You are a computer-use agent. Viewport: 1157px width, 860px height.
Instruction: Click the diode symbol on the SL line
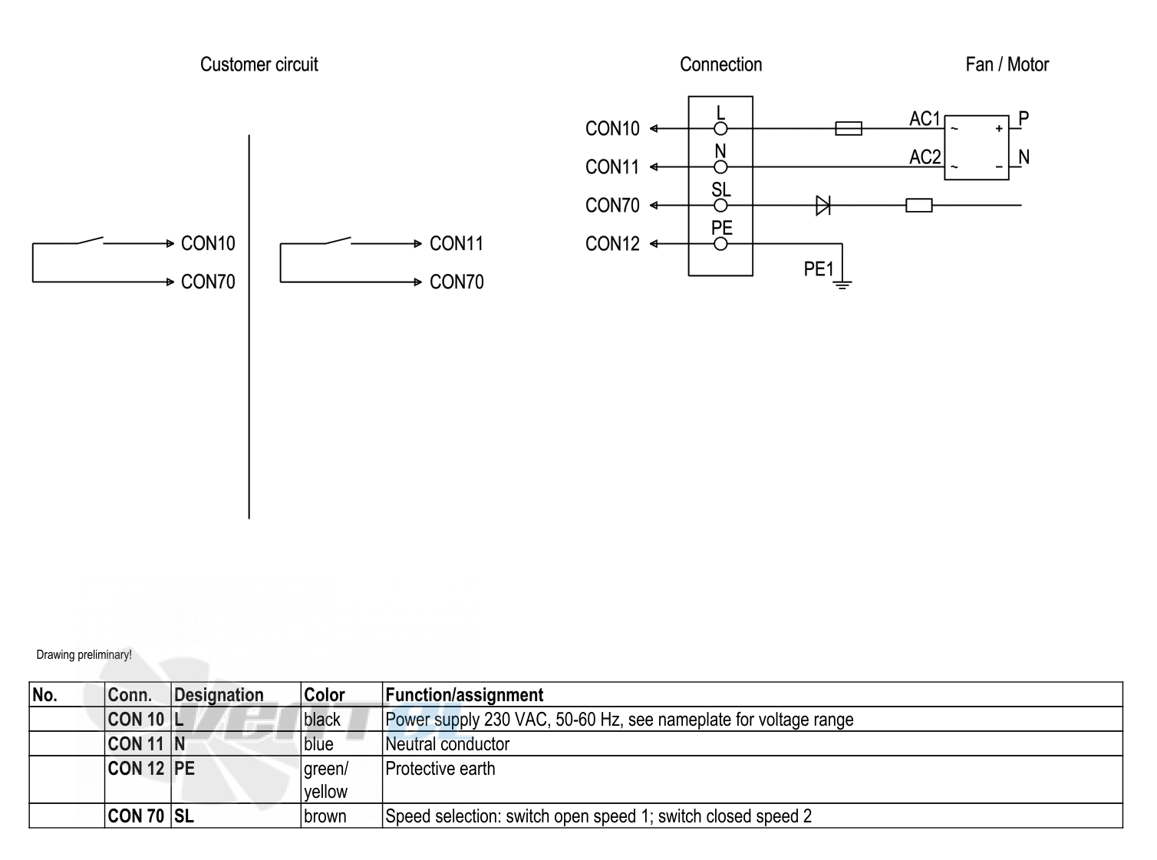click(x=822, y=205)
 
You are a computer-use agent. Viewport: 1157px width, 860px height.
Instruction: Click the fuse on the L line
click(x=849, y=128)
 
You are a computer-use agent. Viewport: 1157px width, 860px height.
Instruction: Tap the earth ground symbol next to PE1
click(x=842, y=285)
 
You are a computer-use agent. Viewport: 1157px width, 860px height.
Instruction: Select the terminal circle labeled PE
click(x=720, y=244)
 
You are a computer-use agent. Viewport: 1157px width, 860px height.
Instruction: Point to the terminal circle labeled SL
click(x=720, y=206)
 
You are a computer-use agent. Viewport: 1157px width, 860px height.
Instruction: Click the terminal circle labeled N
click(x=720, y=167)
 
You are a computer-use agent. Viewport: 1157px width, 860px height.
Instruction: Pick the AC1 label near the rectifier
click(x=925, y=119)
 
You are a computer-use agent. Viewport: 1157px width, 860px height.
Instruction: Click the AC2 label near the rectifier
click(x=925, y=157)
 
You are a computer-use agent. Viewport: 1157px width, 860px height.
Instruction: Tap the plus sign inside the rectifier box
click(x=998, y=128)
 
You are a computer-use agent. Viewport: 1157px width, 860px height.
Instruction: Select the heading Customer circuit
click(x=259, y=64)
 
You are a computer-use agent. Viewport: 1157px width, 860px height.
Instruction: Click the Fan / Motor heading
click(x=1007, y=64)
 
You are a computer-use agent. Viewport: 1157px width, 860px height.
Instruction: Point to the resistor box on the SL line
click(x=918, y=205)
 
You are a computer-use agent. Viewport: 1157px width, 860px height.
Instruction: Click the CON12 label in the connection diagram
click(x=612, y=244)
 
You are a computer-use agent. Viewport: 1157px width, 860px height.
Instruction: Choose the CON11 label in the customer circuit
click(x=457, y=244)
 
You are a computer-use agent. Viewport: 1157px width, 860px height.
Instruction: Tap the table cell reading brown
click(x=325, y=816)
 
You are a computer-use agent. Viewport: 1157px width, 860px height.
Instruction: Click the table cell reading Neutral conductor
click(x=447, y=744)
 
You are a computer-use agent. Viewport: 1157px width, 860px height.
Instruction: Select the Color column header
click(x=324, y=695)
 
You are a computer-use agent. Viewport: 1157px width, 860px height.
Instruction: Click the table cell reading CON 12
click(x=136, y=769)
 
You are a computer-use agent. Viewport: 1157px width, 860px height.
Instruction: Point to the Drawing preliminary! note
click(x=84, y=655)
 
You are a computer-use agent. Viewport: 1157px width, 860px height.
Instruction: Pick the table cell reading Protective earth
click(x=440, y=769)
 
